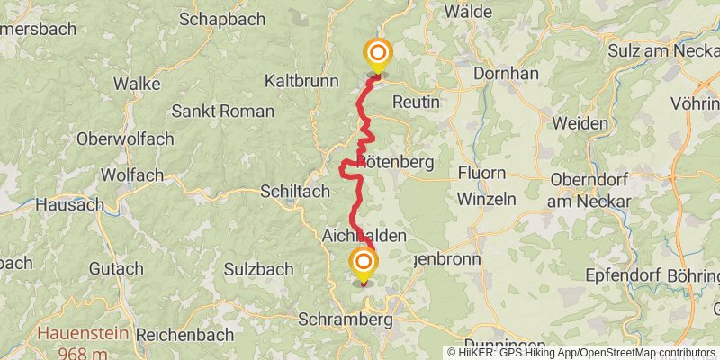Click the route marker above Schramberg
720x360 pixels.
(x=364, y=265)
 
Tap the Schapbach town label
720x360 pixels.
(x=221, y=18)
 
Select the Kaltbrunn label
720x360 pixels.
(x=301, y=81)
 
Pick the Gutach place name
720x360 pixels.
(x=116, y=268)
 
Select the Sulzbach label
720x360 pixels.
(x=233, y=268)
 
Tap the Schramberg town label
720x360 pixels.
(x=346, y=320)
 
